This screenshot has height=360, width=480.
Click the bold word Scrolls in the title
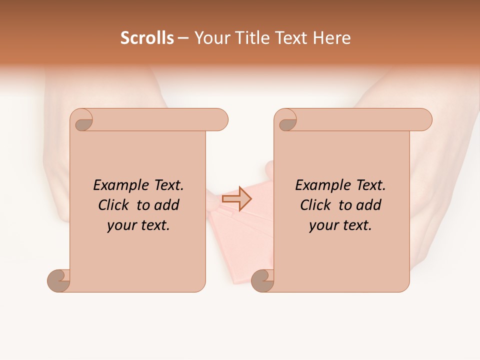(x=147, y=38)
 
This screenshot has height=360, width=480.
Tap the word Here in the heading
(x=332, y=38)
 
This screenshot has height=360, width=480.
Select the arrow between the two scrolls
(x=237, y=199)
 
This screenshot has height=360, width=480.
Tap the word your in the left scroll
(x=121, y=225)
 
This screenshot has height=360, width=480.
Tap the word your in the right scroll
(x=323, y=225)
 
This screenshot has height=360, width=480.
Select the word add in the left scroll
(x=167, y=205)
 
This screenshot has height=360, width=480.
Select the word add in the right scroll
(x=369, y=205)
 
